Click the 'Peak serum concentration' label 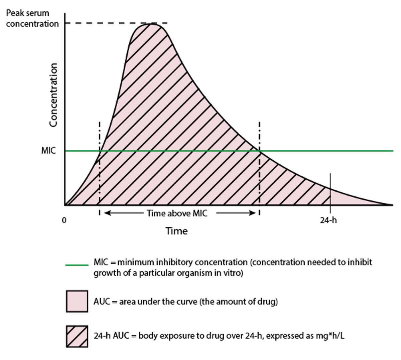tap(32, 18)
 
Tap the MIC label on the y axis tap(48, 151)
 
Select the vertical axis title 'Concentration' tap(53, 95)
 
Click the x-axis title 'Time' tap(176, 231)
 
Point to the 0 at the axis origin tap(64, 220)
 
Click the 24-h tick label tap(328, 220)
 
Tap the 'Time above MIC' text tap(177, 213)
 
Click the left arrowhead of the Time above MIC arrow tap(106, 213)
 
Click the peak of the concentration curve tap(152, 24)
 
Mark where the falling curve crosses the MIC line tap(260, 151)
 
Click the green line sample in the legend tap(77, 265)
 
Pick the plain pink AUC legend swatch tap(77, 301)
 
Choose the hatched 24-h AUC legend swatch tap(77, 336)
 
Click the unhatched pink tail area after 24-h tap(348, 199)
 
